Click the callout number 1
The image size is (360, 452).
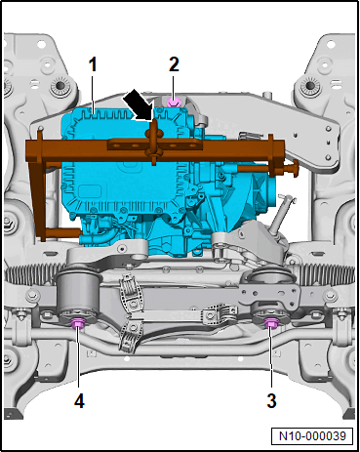click(x=93, y=64)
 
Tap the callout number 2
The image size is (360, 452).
click(x=174, y=64)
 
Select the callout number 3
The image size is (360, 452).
click(x=271, y=400)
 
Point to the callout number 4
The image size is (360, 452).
click(x=79, y=400)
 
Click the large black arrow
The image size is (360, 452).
click(x=138, y=104)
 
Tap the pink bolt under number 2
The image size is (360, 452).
click(x=174, y=102)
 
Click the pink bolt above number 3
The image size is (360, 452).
click(x=269, y=323)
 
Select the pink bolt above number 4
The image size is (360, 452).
click(x=78, y=323)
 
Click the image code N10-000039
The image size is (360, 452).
click(x=312, y=436)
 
